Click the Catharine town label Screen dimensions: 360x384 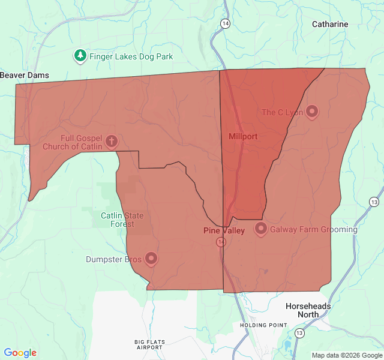pyautogui.click(x=329, y=24)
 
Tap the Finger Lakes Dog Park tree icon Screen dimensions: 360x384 pyautogui.click(x=80, y=56)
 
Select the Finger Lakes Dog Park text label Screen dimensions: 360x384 pyautogui.click(x=131, y=57)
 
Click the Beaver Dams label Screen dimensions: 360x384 pyautogui.click(x=25, y=75)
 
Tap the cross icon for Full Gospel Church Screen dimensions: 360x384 pyautogui.click(x=111, y=142)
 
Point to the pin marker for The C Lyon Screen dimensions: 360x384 pyautogui.click(x=312, y=111)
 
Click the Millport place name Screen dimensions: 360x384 pyautogui.click(x=243, y=136)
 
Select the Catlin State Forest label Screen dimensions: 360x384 pyautogui.click(x=118, y=220)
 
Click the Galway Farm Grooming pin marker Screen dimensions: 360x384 pyautogui.click(x=261, y=228)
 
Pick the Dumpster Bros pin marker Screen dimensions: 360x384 pyautogui.click(x=151, y=258)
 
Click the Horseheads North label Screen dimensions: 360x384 pyautogui.click(x=308, y=310)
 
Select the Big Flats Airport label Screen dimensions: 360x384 pyautogui.click(x=149, y=344)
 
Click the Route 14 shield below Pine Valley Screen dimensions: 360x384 pyautogui.click(x=221, y=242)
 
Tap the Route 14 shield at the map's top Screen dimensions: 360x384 pyautogui.click(x=224, y=23)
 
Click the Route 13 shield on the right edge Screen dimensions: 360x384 pyautogui.click(x=374, y=202)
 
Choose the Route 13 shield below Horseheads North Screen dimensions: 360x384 pyautogui.click(x=299, y=332)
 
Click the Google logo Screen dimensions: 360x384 pyautogui.click(x=20, y=353)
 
